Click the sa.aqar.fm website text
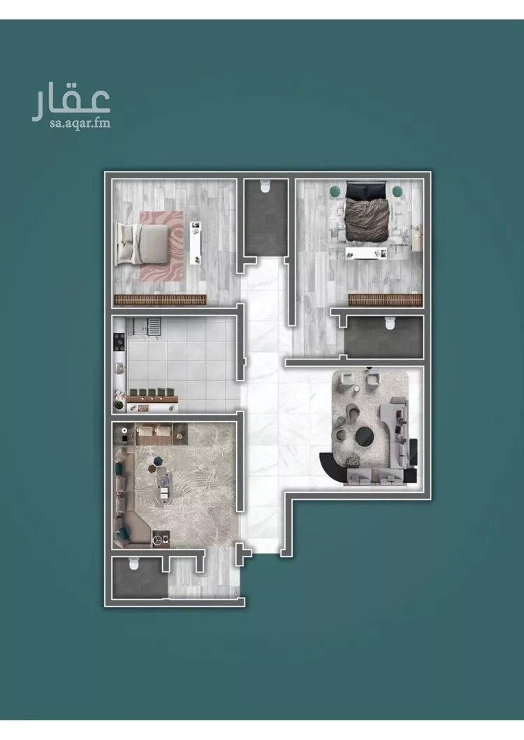pos(71,124)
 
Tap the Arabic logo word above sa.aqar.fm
pos(71,103)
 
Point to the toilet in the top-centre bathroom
pos(264,186)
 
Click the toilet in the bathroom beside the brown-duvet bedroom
pos(389,323)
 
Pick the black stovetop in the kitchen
pos(119,343)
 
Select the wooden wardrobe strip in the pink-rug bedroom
pos(160,299)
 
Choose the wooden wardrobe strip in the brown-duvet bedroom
pos(386,299)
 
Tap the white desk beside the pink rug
pos(196,242)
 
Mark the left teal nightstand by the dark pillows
pos(335,189)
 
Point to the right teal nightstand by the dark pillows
pos(398,190)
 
